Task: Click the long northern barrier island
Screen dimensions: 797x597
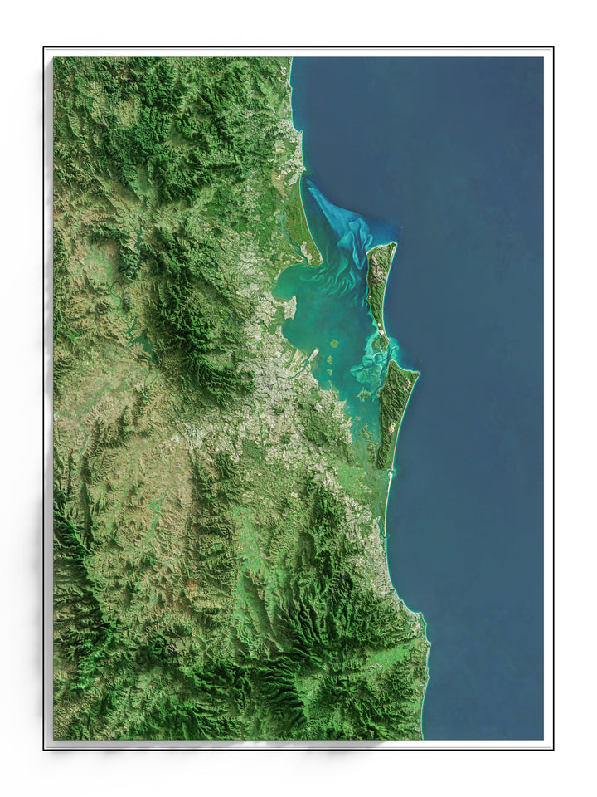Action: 380,282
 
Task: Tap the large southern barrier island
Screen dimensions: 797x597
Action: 396,407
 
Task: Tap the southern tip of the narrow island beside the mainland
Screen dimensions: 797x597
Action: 316,263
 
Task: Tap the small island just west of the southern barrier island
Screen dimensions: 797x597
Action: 365,394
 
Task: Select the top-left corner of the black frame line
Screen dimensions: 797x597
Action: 45,48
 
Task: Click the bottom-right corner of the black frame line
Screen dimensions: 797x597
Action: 552,748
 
